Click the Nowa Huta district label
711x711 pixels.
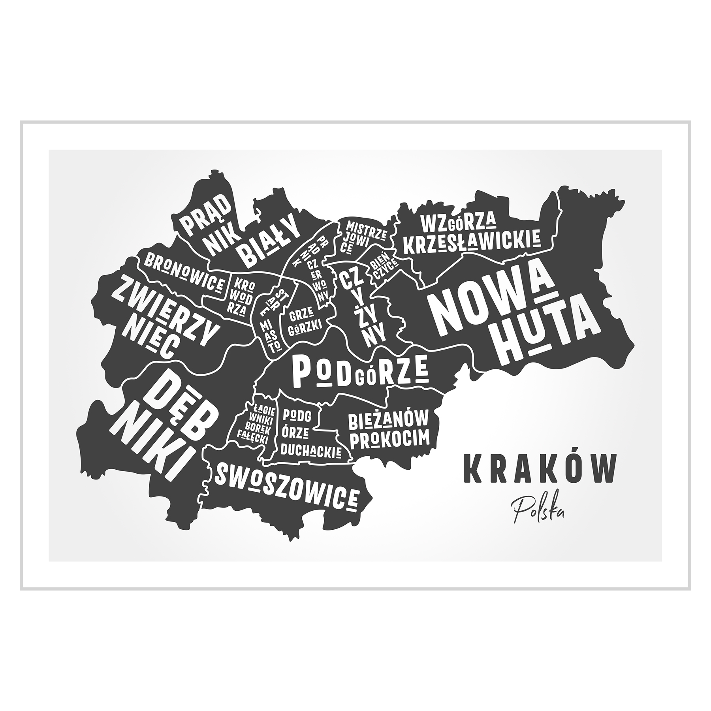point(513,318)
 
